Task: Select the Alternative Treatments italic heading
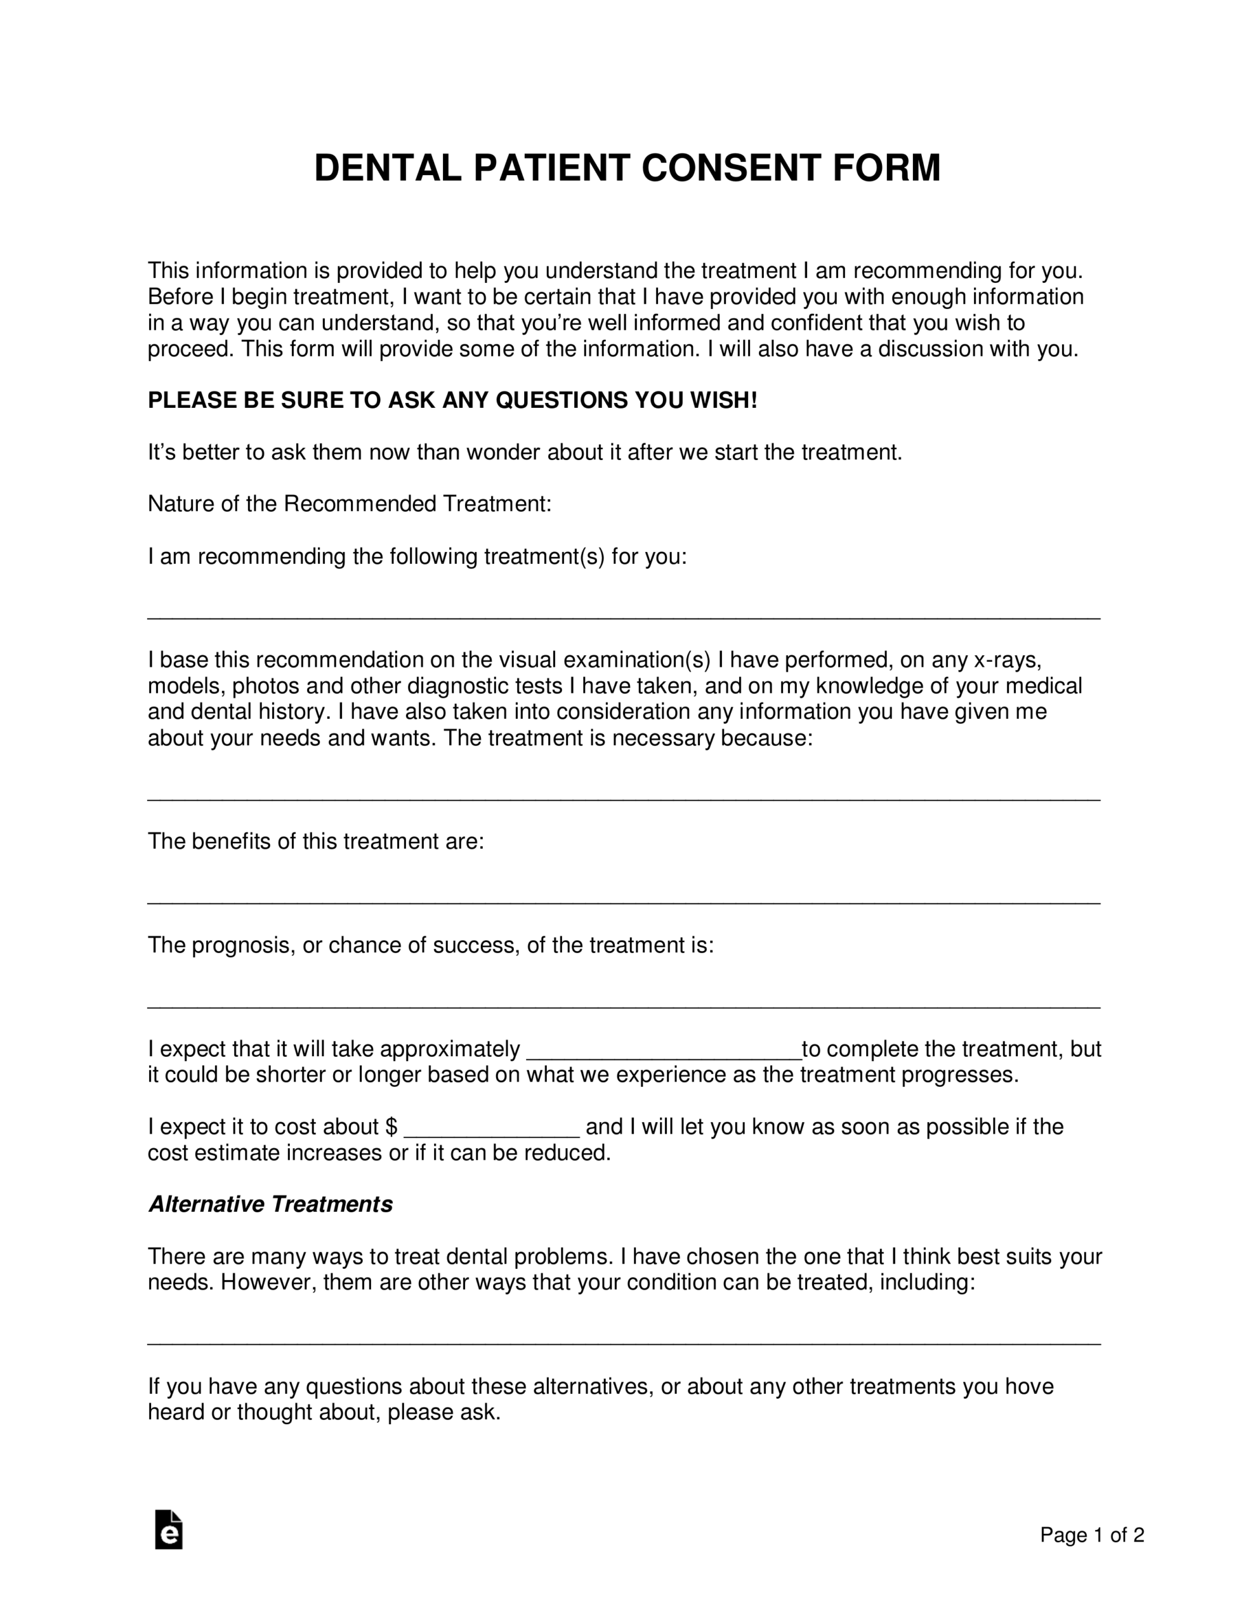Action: (270, 1204)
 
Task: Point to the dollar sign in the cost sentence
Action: (392, 1127)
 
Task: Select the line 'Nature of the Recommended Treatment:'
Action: (350, 504)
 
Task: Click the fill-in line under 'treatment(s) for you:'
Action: (624, 617)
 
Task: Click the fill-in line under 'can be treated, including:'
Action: (624, 1343)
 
